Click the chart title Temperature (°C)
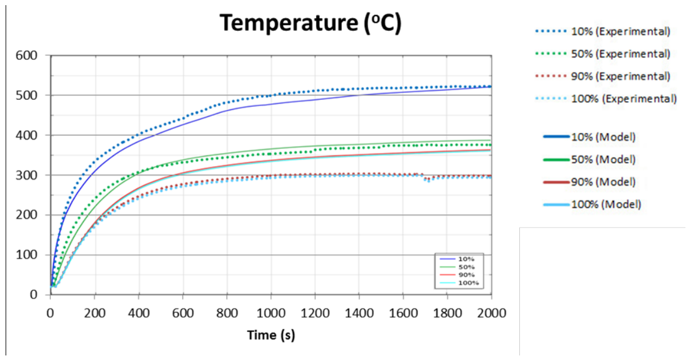pyautogui.click(x=310, y=23)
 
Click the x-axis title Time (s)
pyautogui.click(x=271, y=335)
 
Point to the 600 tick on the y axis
pyautogui.click(x=26, y=55)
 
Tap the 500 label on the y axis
pyautogui.click(x=26, y=95)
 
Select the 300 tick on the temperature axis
pyautogui.click(x=26, y=175)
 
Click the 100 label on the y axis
pyautogui.click(x=26, y=254)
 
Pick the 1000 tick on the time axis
pyautogui.click(x=271, y=313)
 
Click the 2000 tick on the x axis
pyautogui.click(x=491, y=313)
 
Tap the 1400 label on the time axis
pyautogui.click(x=359, y=313)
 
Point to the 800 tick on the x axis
pyautogui.click(x=227, y=313)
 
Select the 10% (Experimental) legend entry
pyautogui.click(x=603, y=31)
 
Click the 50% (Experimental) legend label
pyautogui.click(x=603, y=54)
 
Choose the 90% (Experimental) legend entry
pyautogui.click(x=603, y=76)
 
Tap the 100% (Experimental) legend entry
pyautogui.click(x=606, y=99)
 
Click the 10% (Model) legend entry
pyautogui.click(x=590, y=137)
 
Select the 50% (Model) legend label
pyautogui.click(x=590, y=160)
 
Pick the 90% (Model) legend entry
pyautogui.click(x=590, y=182)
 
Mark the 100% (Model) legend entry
pyautogui.click(x=592, y=204)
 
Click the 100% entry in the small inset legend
pyautogui.click(x=459, y=283)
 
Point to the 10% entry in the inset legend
pyautogui.click(x=457, y=259)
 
